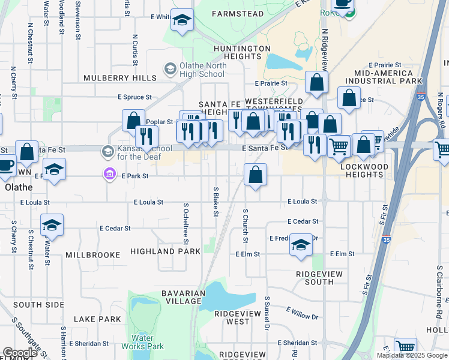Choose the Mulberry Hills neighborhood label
click(120, 78)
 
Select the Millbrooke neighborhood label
click(93, 255)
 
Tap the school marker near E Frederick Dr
click(301, 245)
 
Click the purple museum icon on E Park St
click(109, 175)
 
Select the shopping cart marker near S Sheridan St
click(406, 347)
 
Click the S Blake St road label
click(215, 202)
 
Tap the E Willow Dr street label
click(302, 313)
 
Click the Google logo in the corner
click(20, 353)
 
